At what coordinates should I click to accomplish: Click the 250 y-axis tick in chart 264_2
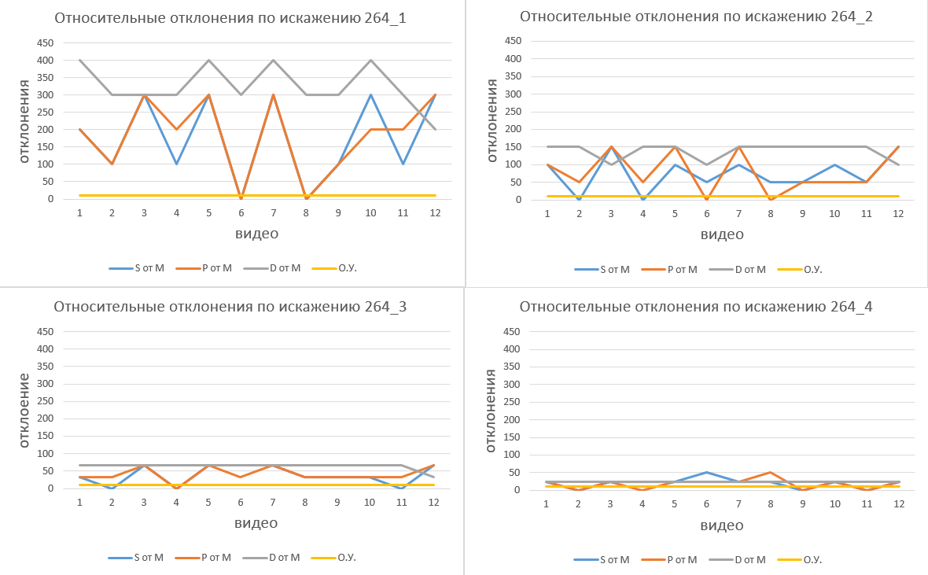[512, 112]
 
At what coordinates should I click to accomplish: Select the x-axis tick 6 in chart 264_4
[706, 503]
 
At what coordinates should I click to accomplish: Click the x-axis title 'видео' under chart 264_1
[256, 234]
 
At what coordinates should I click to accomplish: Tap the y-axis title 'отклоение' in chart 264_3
[24, 409]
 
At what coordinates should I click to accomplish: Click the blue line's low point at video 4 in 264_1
[176, 164]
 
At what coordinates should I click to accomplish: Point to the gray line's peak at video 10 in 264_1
[370, 61]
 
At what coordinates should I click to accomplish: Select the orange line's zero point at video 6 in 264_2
[706, 199]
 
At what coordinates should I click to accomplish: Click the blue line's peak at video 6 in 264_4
[706, 472]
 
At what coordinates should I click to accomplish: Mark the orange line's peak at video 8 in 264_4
[771, 472]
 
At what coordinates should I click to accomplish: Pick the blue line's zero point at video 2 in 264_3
[112, 488]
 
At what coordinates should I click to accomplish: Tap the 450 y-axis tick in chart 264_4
[512, 331]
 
